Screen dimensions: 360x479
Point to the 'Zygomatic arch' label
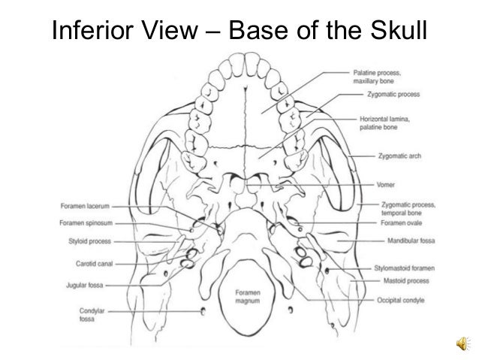399,156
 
